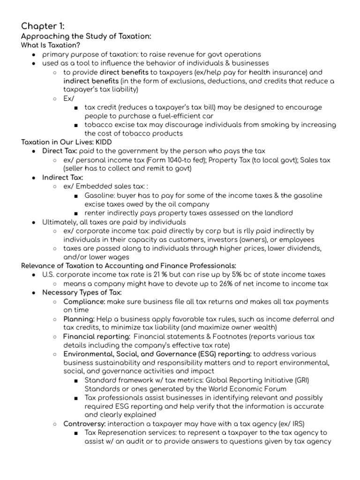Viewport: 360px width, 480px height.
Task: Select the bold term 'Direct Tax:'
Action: coord(60,151)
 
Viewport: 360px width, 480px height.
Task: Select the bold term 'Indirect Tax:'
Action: coord(62,178)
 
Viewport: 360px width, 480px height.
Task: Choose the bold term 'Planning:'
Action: coord(79,319)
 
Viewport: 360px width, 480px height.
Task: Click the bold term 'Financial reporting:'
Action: coord(97,337)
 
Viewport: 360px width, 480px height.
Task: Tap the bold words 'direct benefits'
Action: coord(124,72)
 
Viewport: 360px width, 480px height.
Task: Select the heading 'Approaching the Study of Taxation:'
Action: coord(86,37)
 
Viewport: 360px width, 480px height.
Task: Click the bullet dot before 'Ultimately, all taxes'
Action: coord(34,222)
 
